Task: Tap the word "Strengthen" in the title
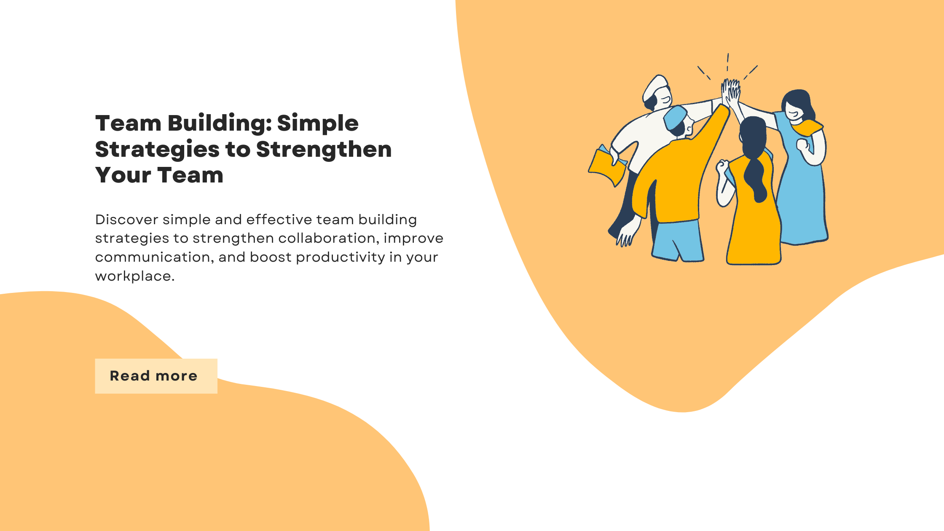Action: click(x=324, y=150)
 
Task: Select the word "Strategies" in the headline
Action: click(x=157, y=150)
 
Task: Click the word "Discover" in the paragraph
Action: click(x=126, y=220)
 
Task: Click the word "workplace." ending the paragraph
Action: click(x=135, y=276)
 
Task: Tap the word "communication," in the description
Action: click(x=154, y=257)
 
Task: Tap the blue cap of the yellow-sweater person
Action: click(x=675, y=117)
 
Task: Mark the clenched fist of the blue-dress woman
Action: click(x=802, y=145)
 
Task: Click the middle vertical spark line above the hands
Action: click(x=728, y=62)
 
